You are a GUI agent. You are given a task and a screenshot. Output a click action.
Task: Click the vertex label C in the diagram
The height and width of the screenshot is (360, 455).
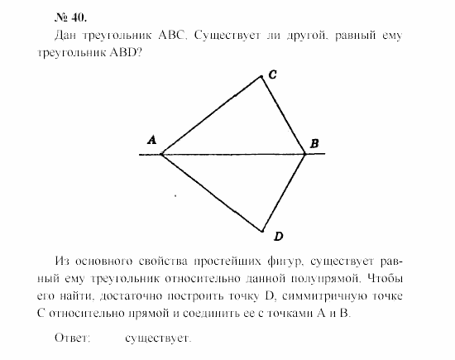pyautogui.click(x=271, y=74)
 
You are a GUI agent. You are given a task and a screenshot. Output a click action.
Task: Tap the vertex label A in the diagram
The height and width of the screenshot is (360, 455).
pyautogui.click(x=152, y=141)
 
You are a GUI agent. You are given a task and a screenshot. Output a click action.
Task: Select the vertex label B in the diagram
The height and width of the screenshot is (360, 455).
pyautogui.click(x=314, y=145)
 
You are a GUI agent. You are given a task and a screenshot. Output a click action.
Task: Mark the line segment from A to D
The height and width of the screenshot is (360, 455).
pyautogui.click(x=211, y=193)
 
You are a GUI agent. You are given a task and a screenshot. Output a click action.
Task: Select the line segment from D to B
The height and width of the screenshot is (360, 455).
pyautogui.click(x=285, y=193)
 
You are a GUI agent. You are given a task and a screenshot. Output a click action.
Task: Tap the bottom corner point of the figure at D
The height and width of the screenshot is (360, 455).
pyautogui.click(x=262, y=231)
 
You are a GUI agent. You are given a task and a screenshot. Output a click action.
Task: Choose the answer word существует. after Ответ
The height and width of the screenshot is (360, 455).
pyautogui.click(x=159, y=338)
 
